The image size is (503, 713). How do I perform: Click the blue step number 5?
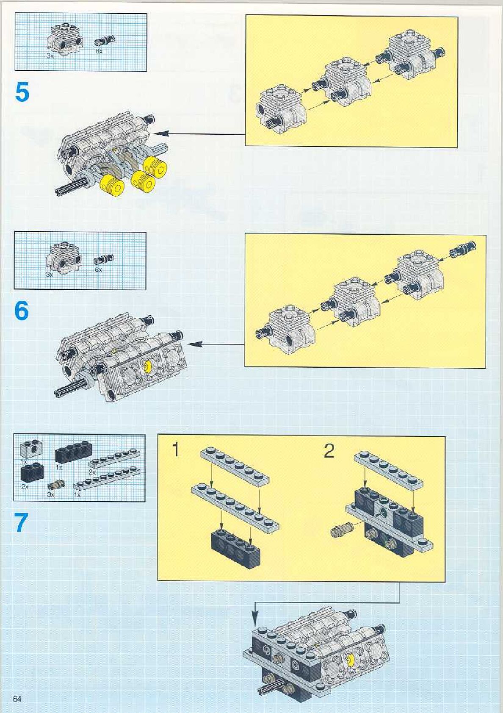[22, 92]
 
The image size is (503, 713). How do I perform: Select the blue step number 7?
[22, 522]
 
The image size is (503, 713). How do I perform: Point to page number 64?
[17, 699]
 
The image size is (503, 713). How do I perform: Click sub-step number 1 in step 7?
[175, 450]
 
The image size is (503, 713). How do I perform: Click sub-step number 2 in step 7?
[329, 451]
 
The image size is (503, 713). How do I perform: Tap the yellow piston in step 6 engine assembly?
[148, 366]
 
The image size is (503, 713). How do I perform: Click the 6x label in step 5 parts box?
[99, 51]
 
